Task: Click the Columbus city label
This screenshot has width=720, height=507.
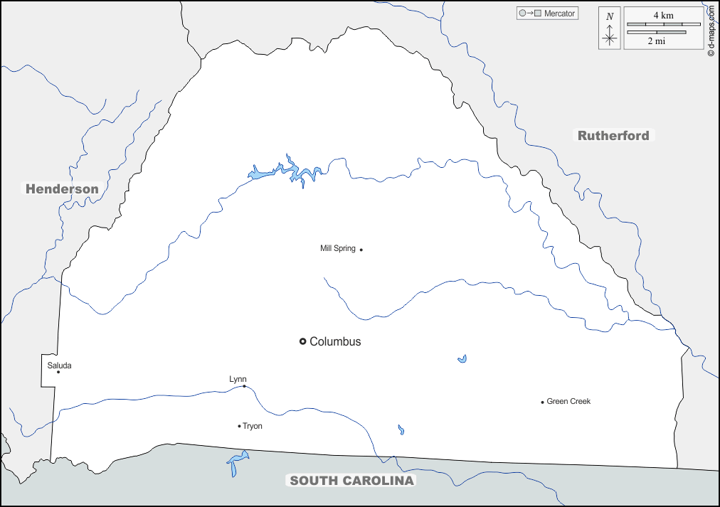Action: tap(335, 342)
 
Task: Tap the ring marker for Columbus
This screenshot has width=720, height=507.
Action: tap(302, 342)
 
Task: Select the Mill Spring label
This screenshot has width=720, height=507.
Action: tap(337, 249)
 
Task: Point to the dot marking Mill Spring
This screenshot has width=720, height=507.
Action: tap(361, 250)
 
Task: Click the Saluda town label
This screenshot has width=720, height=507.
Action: tap(59, 366)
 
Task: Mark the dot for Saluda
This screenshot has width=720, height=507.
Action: tap(58, 372)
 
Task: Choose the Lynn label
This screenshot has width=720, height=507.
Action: tap(238, 379)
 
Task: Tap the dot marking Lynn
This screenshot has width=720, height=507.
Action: tap(244, 386)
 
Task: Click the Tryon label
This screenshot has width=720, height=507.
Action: tap(253, 427)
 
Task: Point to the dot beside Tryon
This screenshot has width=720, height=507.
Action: tap(239, 426)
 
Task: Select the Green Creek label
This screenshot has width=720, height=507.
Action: tap(568, 402)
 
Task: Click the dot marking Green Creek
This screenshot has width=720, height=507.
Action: tap(542, 402)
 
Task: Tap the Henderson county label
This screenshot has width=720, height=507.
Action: tap(62, 189)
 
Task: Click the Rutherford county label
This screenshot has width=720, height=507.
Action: tap(613, 136)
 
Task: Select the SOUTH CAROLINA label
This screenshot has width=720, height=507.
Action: tap(351, 481)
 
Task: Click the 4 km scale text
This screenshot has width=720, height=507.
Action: tap(663, 15)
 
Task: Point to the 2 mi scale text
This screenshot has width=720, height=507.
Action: tap(656, 41)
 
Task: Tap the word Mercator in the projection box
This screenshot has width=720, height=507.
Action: tap(560, 14)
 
